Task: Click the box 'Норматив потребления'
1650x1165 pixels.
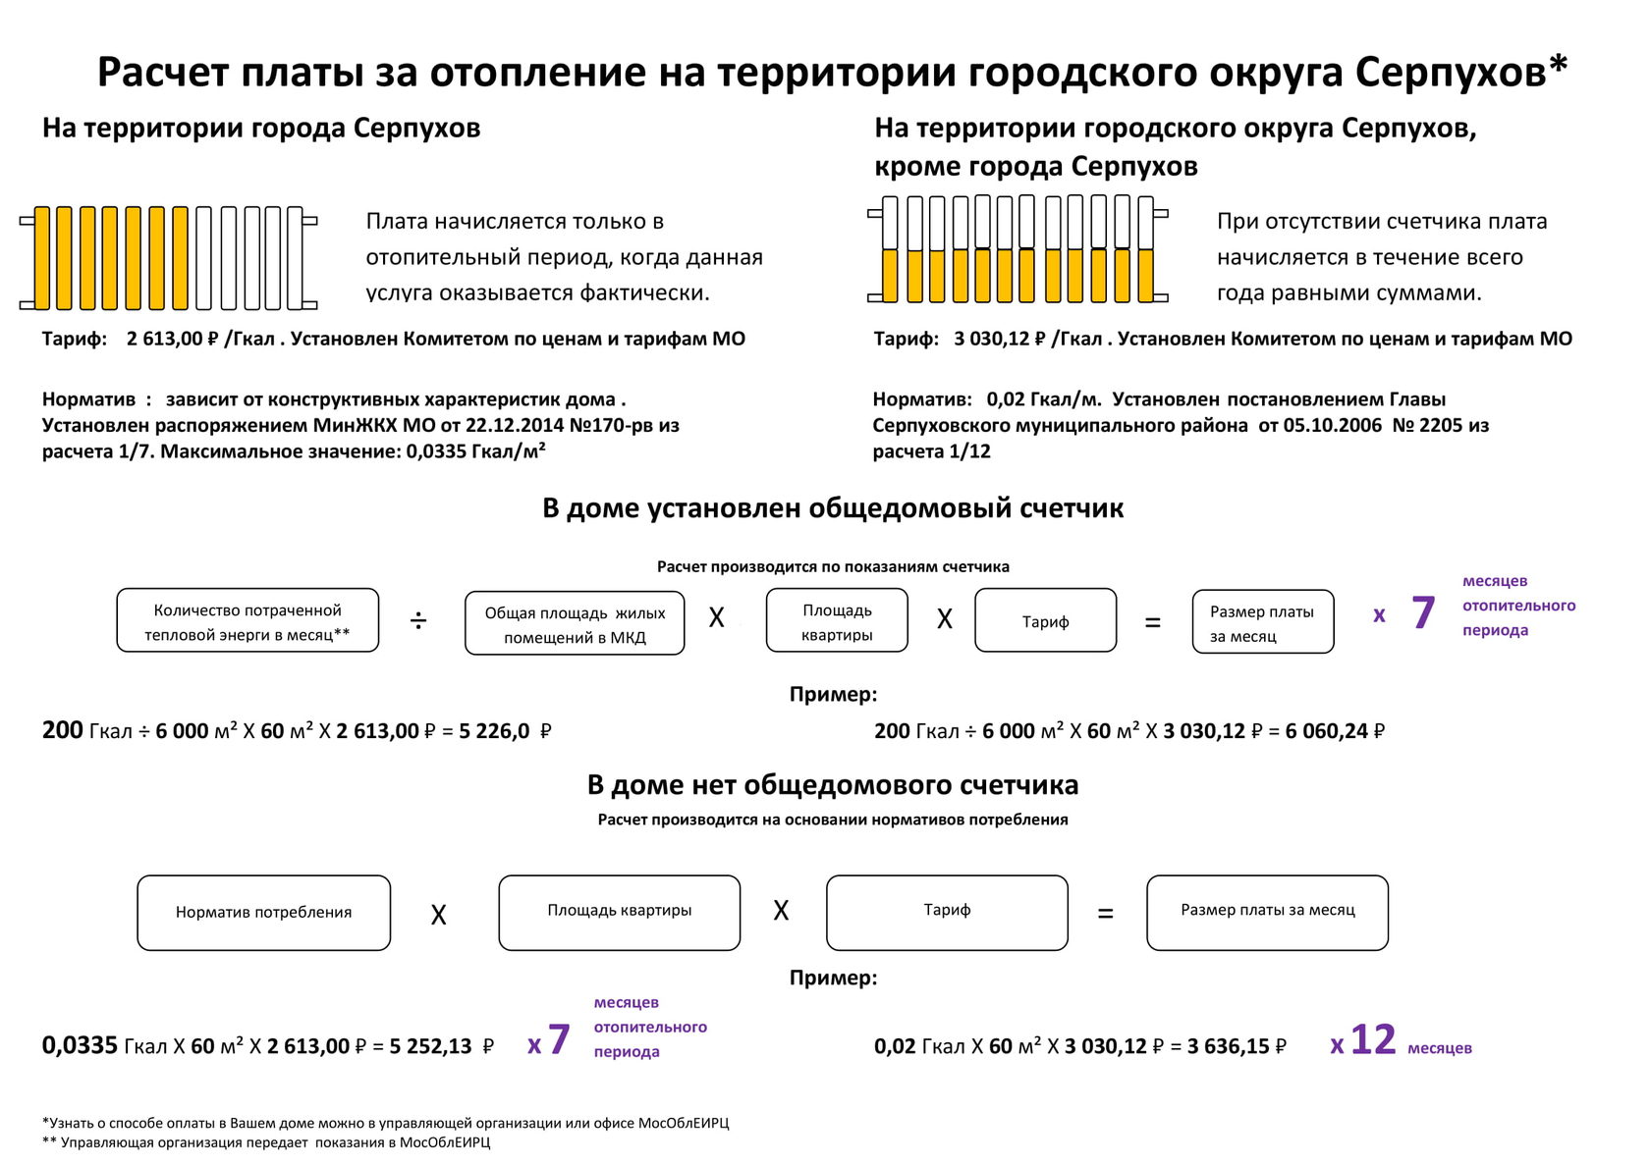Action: pos(263,913)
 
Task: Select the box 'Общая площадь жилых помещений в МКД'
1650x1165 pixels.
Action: pos(575,624)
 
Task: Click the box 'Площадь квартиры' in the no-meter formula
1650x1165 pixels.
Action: pos(619,913)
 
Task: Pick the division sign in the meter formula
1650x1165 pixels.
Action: pos(418,621)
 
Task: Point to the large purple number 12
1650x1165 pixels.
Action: pos(1373,1041)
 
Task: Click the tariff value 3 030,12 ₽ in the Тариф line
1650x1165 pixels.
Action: pos(999,340)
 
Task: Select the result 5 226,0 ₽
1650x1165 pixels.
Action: pos(505,732)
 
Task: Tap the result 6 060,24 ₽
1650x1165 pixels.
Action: pos(1335,732)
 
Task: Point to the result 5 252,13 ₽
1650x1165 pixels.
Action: pos(441,1047)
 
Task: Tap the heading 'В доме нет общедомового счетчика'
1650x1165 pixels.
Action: pos(833,785)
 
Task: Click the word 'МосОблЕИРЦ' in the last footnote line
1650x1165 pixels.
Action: pos(445,1142)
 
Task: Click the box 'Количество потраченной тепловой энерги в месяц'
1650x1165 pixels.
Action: pos(247,621)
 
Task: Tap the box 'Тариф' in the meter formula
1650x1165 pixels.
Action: pos(1045,621)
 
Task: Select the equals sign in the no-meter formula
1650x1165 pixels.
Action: pos(1106,915)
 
